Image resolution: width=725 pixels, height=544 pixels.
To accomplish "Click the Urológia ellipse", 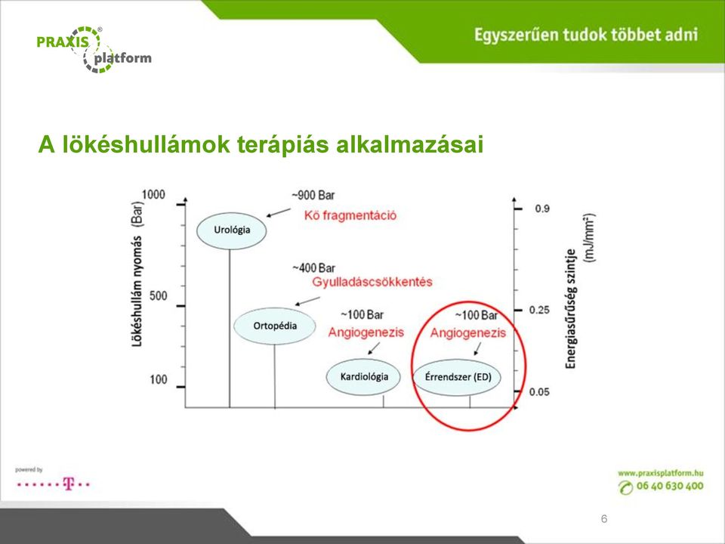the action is point(232,230).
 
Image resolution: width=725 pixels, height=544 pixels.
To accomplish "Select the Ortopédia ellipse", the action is point(275,326).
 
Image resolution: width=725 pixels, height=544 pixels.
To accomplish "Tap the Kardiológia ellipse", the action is point(363,376).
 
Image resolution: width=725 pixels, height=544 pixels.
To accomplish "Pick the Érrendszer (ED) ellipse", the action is point(458,377).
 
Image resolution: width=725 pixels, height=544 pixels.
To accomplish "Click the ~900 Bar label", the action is point(313,195).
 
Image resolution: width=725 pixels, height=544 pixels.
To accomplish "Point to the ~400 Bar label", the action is point(314,268).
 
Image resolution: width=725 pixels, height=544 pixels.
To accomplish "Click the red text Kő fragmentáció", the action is point(350,215).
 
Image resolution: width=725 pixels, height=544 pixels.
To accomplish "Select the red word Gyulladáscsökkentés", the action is point(372,282).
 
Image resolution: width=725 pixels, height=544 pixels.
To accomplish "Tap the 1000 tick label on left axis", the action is point(153,195).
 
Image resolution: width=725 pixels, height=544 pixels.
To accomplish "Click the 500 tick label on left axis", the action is point(158,295).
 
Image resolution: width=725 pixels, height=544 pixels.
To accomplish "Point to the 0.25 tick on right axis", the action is point(539,310).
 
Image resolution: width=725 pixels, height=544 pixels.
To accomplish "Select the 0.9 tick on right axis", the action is point(542,209).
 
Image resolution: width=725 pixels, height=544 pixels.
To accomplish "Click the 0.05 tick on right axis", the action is point(539,392).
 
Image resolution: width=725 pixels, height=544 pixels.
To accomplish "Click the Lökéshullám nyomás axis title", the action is point(137,274).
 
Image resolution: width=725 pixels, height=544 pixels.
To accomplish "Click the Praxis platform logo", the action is point(94,50).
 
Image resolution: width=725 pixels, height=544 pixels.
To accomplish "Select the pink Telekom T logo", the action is point(69,484).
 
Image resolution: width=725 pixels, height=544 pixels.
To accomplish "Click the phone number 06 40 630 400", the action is point(670,486).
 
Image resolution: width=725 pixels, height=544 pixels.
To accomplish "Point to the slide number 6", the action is point(604,519).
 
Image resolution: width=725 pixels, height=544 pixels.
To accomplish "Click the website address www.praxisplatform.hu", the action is point(661,473).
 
